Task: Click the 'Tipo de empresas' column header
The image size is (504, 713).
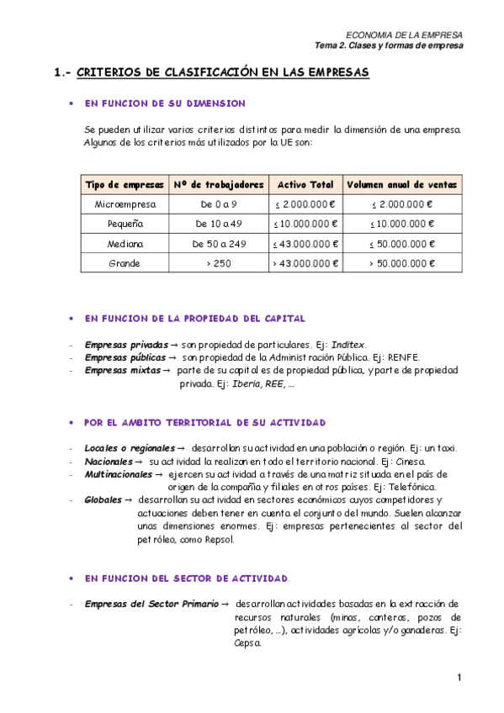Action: click(125, 184)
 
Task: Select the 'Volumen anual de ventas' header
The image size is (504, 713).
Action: click(401, 184)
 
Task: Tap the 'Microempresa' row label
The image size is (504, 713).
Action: click(125, 204)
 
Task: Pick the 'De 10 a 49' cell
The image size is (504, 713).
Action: click(219, 224)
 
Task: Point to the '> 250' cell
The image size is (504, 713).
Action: click(219, 263)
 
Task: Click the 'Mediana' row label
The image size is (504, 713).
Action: click(125, 244)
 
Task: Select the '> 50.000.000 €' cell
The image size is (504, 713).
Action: click(401, 263)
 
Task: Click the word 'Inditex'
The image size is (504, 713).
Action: click(347, 345)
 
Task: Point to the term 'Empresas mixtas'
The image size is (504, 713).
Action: click(121, 370)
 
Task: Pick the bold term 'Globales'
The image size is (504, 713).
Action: click(103, 499)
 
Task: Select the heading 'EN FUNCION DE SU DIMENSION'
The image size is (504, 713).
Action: click(165, 103)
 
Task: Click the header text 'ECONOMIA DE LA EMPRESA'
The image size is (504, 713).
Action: click(405, 34)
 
